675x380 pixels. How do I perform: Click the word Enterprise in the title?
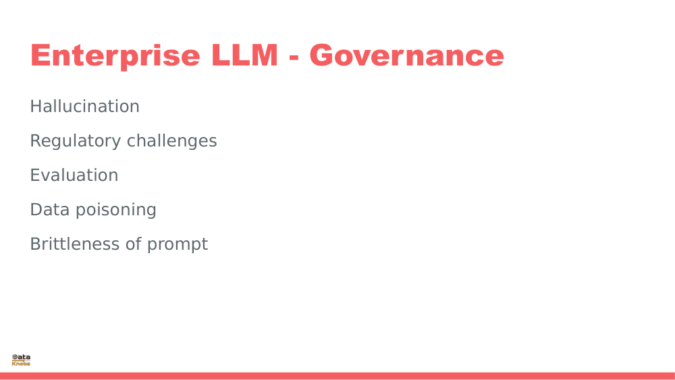coord(115,56)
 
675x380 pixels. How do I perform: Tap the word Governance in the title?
coord(407,55)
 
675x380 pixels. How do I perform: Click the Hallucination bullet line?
coord(84,107)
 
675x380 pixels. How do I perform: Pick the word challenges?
coord(171,141)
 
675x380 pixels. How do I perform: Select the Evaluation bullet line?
coord(74,175)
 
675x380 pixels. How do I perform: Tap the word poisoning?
coord(115,210)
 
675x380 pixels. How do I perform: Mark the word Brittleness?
coord(75,244)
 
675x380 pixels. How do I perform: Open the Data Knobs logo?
coord(21,360)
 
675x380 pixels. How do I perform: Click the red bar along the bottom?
coord(337,376)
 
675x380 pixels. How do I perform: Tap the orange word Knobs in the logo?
coord(21,364)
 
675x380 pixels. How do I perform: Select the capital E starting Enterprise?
coord(39,55)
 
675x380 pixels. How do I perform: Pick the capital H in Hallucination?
coord(36,107)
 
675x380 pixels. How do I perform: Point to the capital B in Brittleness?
coord(36,244)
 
